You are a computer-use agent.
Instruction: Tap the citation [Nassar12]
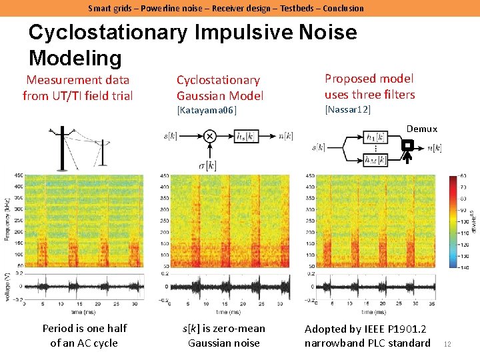[347, 109]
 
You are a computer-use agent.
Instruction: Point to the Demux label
[421, 129]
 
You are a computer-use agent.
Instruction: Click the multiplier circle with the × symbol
[209, 137]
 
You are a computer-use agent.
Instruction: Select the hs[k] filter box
[247, 137]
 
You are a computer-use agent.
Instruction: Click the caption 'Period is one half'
[84, 328]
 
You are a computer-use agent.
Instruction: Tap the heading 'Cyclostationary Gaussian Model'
[219, 88]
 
